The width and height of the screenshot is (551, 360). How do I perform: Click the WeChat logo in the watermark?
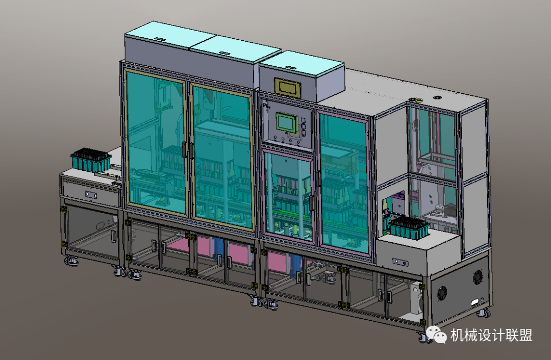[436, 335]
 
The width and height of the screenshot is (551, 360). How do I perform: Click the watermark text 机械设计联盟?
[492, 335]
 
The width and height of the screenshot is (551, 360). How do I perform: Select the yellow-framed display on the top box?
[288, 86]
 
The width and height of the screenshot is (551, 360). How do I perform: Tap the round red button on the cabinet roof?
[437, 97]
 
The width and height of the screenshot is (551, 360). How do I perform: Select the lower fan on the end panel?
[442, 293]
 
